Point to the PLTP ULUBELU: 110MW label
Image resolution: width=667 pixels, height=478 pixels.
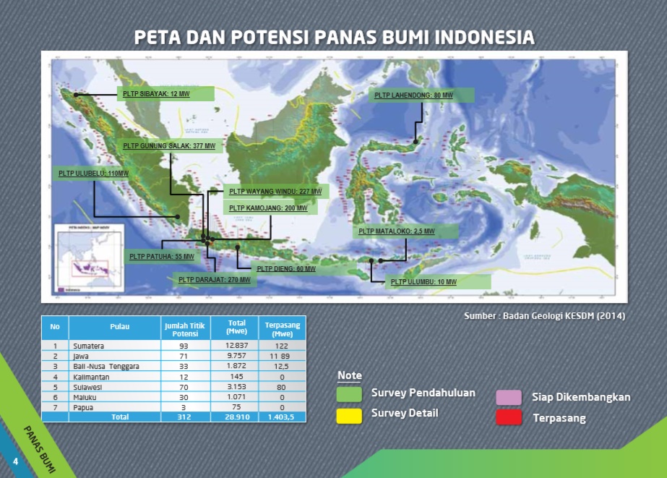pyautogui.click(x=92, y=174)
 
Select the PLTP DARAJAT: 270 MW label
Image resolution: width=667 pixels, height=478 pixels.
pyautogui.click(x=215, y=279)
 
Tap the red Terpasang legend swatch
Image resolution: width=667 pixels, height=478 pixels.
pyautogui.click(x=509, y=418)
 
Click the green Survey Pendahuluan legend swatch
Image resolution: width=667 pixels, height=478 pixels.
pyautogui.click(x=350, y=393)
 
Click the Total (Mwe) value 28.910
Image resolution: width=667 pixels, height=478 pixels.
pyautogui.click(x=236, y=417)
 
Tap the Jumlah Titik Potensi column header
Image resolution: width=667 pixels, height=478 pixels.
pyautogui.click(x=184, y=330)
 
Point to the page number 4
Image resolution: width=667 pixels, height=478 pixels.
pyautogui.click(x=14, y=461)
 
